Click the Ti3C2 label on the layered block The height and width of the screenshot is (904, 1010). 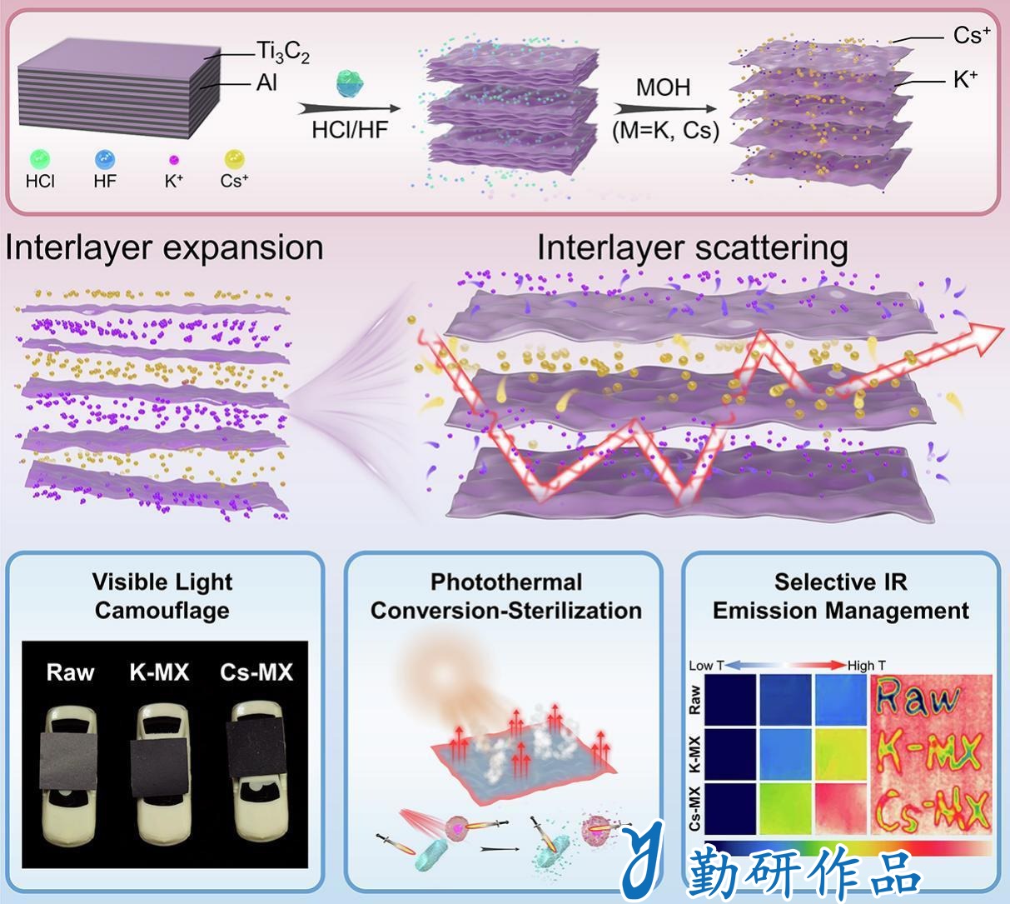[282, 52]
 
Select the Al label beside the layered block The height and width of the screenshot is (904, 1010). [266, 82]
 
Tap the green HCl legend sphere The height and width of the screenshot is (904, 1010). [40, 160]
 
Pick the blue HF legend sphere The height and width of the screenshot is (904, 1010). [105, 160]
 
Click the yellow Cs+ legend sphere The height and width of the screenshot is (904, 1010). [234, 160]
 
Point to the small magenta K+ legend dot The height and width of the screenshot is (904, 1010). [174, 160]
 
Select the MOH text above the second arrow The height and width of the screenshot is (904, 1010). [663, 87]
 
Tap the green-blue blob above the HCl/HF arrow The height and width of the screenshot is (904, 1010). [350, 82]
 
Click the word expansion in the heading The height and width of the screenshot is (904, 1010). [243, 248]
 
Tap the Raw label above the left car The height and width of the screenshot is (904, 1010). [70, 672]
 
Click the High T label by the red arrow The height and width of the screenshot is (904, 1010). [867, 666]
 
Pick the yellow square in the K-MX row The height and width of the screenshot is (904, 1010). [841, 754]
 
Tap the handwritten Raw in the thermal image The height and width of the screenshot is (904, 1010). [918, 697]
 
